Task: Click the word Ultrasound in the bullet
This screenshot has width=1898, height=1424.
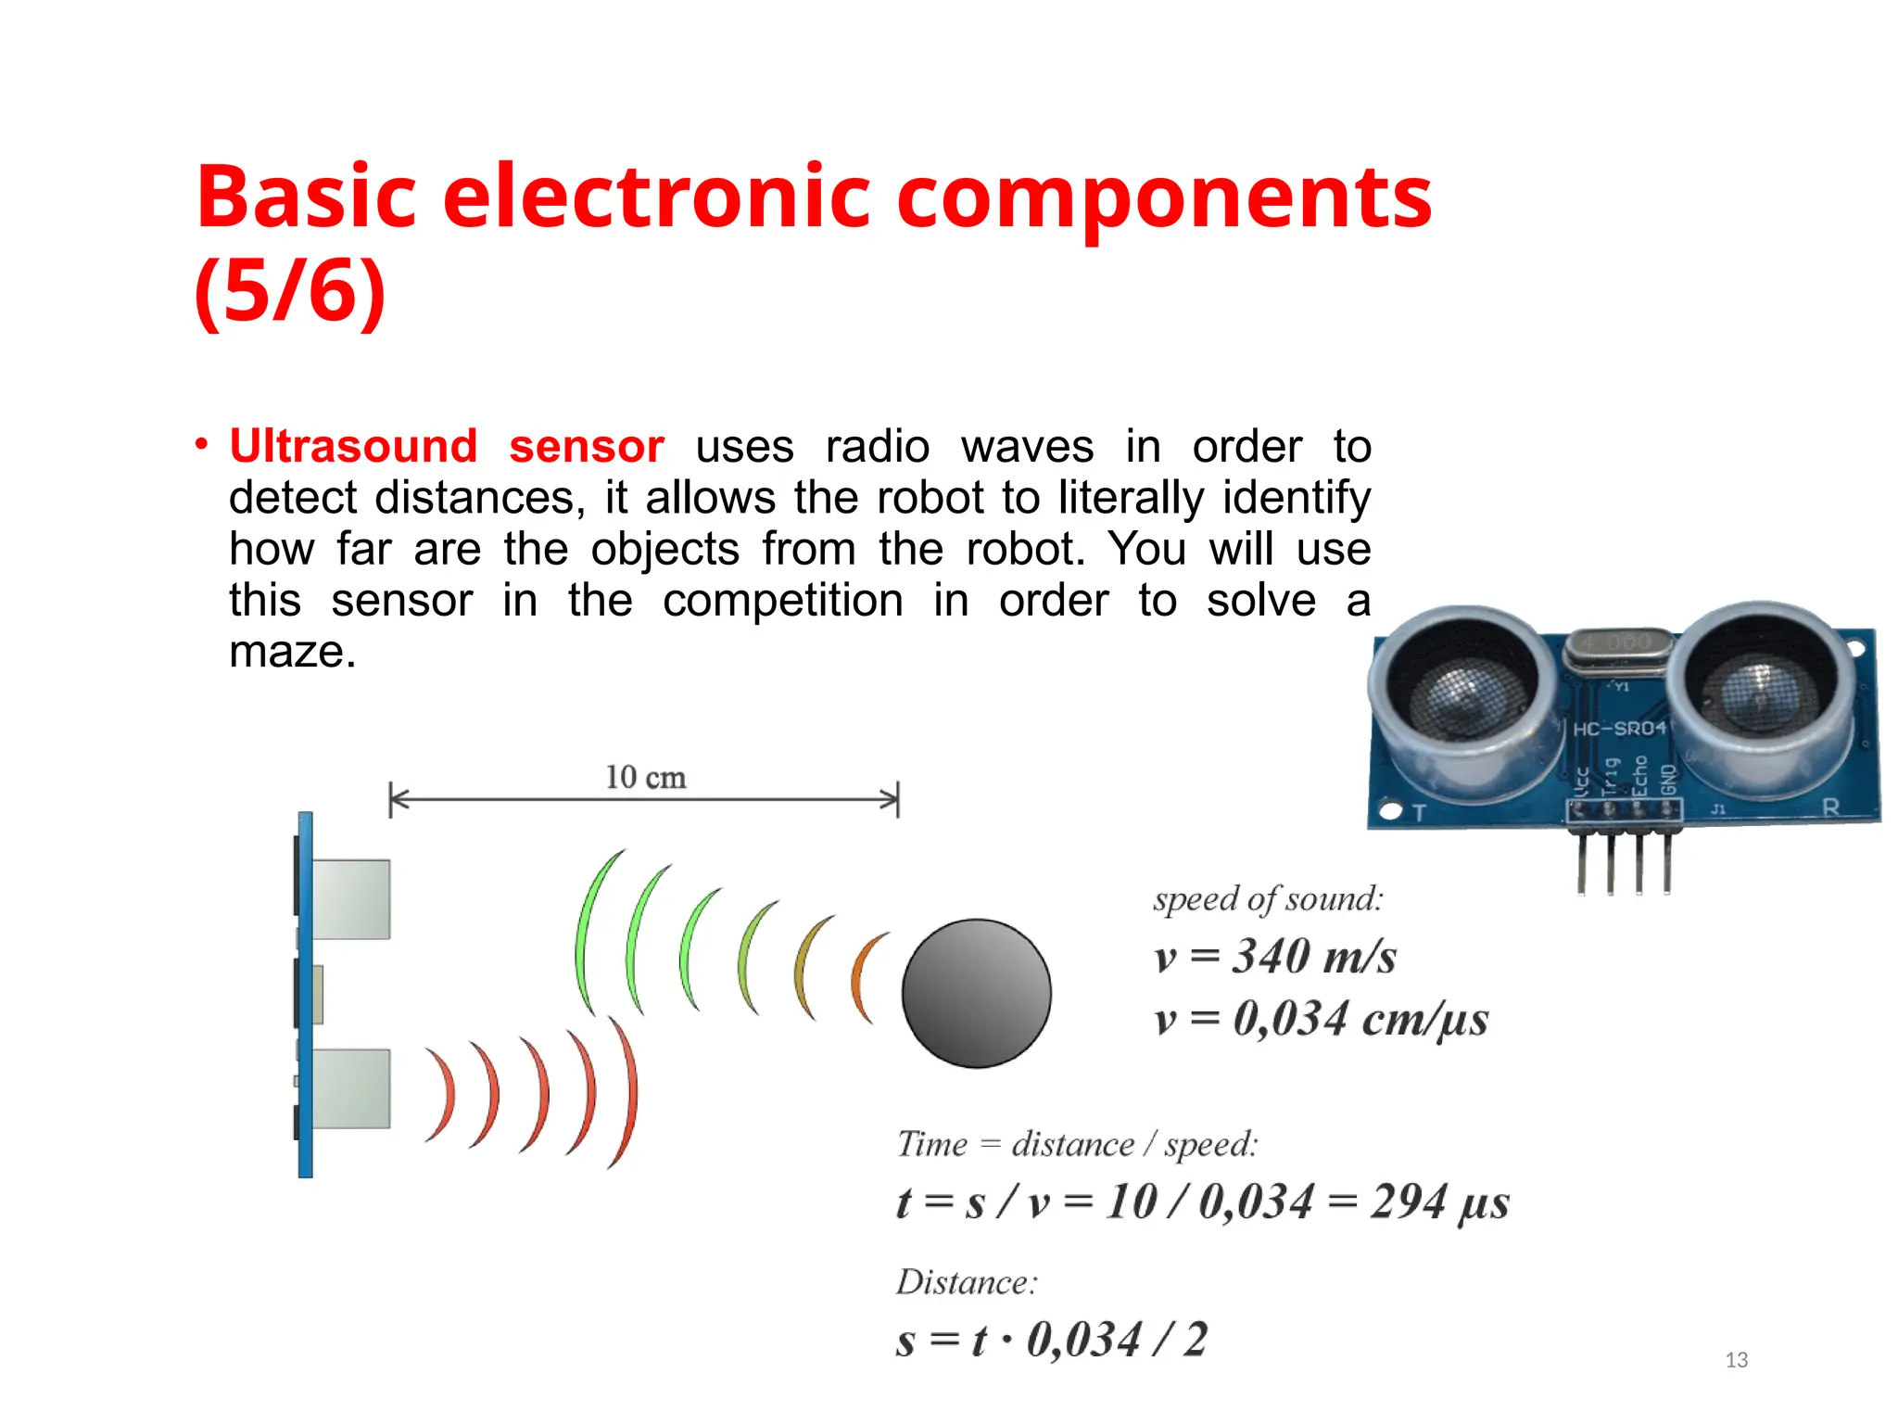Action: coord(352,447)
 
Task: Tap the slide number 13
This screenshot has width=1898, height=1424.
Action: coord(1736,1360)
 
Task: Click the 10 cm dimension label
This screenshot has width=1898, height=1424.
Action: coord(645,778)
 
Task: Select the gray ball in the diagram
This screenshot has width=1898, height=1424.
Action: coord(976,993)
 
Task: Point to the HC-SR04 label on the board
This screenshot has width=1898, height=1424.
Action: coord(1618,729)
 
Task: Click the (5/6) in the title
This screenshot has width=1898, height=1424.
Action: coord(289,291)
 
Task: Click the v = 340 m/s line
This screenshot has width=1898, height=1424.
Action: coord(1274,957)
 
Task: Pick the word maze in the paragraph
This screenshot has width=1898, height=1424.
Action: coord(291,652)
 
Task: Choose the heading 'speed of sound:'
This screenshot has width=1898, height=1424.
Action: coord(1267,899)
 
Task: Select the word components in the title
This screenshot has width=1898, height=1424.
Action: coord(1163,197)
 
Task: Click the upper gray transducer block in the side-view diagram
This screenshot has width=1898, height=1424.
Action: coord(351,898)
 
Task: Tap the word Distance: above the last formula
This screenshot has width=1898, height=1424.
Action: coord(966,1282)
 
